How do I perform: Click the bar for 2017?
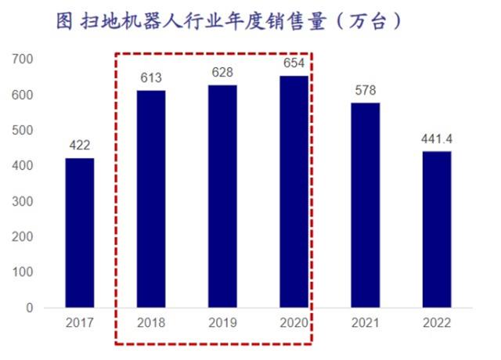click(x=79, y=232)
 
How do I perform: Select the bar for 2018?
click(x=151, y=199)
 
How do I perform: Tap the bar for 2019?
click(x=222, y=196)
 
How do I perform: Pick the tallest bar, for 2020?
click(x=294, y=191)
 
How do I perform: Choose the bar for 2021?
click(x=366, y=205)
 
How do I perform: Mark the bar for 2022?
click(x=437, y=229)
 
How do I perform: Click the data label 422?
click(x=79, y=145)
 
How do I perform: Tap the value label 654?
click(x=294, y=63)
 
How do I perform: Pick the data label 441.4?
click(x=437, y=138)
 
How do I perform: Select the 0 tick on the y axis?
click(x=29, y=308)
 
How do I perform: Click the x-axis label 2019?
click(x=222, y=322)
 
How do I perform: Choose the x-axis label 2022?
click(x=437, y=322)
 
